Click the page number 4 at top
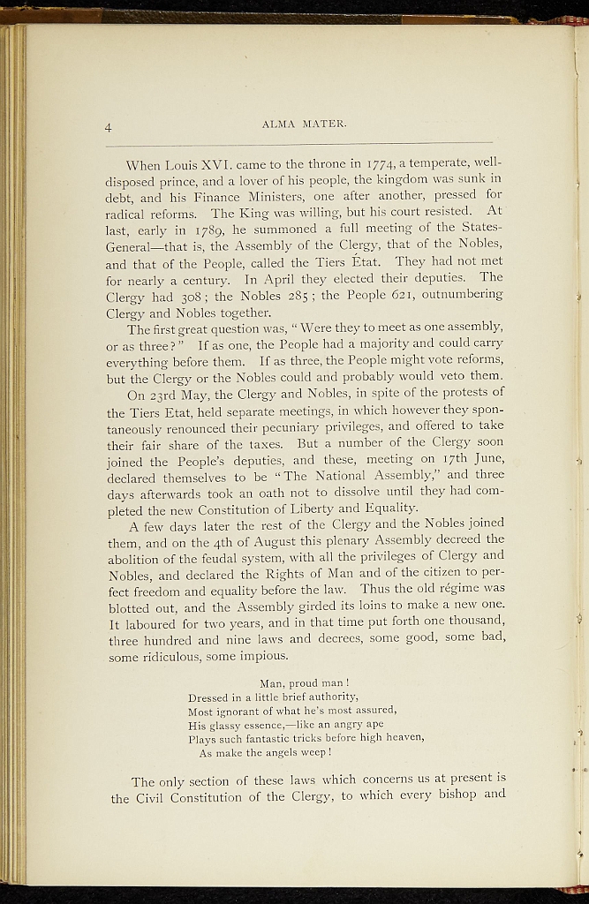click(x=108, y=128)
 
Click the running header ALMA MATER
click(x=304, y=124)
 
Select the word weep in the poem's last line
click(x=313, y=753)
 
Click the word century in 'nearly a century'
click(x=201, y=276)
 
